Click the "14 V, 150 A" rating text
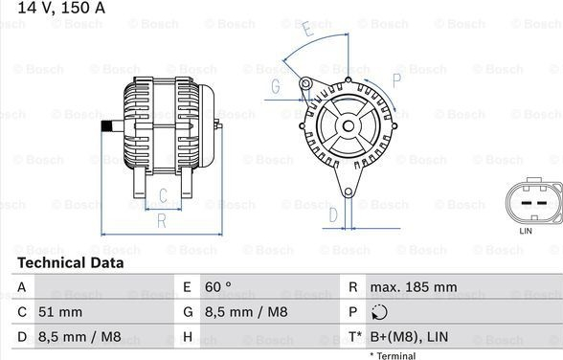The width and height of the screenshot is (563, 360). pyautogui.click(x=61, y=8)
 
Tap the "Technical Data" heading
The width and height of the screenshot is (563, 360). pyautogui.click(x=71, y=262)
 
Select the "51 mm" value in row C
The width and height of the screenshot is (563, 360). pyautogui.click(x=60, y=312)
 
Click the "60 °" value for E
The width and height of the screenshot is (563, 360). pyautogui.click(x=218, y=287)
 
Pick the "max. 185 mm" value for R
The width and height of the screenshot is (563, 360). pyautogui.click(x=414, y=287)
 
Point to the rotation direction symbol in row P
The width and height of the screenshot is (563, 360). pyautogui.click(x=379, y=312)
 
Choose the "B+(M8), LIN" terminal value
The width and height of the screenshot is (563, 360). pyautogui.click(x=409, y=337)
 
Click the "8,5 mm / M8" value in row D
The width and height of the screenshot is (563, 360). pyautogui.click(x=79, y=337)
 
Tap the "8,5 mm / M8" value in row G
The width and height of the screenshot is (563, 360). pyautogui.click(x=246, y=312)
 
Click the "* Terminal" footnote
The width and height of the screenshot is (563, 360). pyautogui.click(x=393, y=356)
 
